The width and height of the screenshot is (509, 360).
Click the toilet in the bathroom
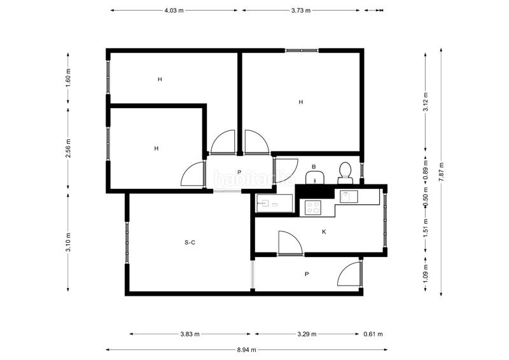(x=345, y=173)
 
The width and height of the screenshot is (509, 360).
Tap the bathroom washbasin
(x=315, y=177)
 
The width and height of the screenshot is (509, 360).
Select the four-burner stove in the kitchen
(x=313, y=207)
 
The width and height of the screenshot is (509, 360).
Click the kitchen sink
(x=349, y=197)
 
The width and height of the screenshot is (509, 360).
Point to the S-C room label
(x=190, y=242)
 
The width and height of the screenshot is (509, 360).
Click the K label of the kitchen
(x=324, y=232)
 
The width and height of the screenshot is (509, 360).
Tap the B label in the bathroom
(x=314, y=167)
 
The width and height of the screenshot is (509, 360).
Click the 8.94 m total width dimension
(x=246, y=350)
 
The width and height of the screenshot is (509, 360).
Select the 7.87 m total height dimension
(x=441, y=172)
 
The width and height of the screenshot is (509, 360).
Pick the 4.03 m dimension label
(x=174, y=10)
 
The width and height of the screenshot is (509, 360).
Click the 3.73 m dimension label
(x=300, y=10)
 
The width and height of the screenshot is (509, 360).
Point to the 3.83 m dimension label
(x=190, y=334)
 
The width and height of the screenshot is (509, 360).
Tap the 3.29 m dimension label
(x=307, y=334)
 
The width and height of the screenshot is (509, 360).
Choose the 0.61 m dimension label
(x=373, y=334)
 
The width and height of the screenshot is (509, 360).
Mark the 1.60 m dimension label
(x=68, y=77)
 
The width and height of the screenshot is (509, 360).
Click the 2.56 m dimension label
(x=68, y=148)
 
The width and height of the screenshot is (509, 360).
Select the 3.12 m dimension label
(x=426, y=102)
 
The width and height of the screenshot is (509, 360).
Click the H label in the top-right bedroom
(x=301, y=102)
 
